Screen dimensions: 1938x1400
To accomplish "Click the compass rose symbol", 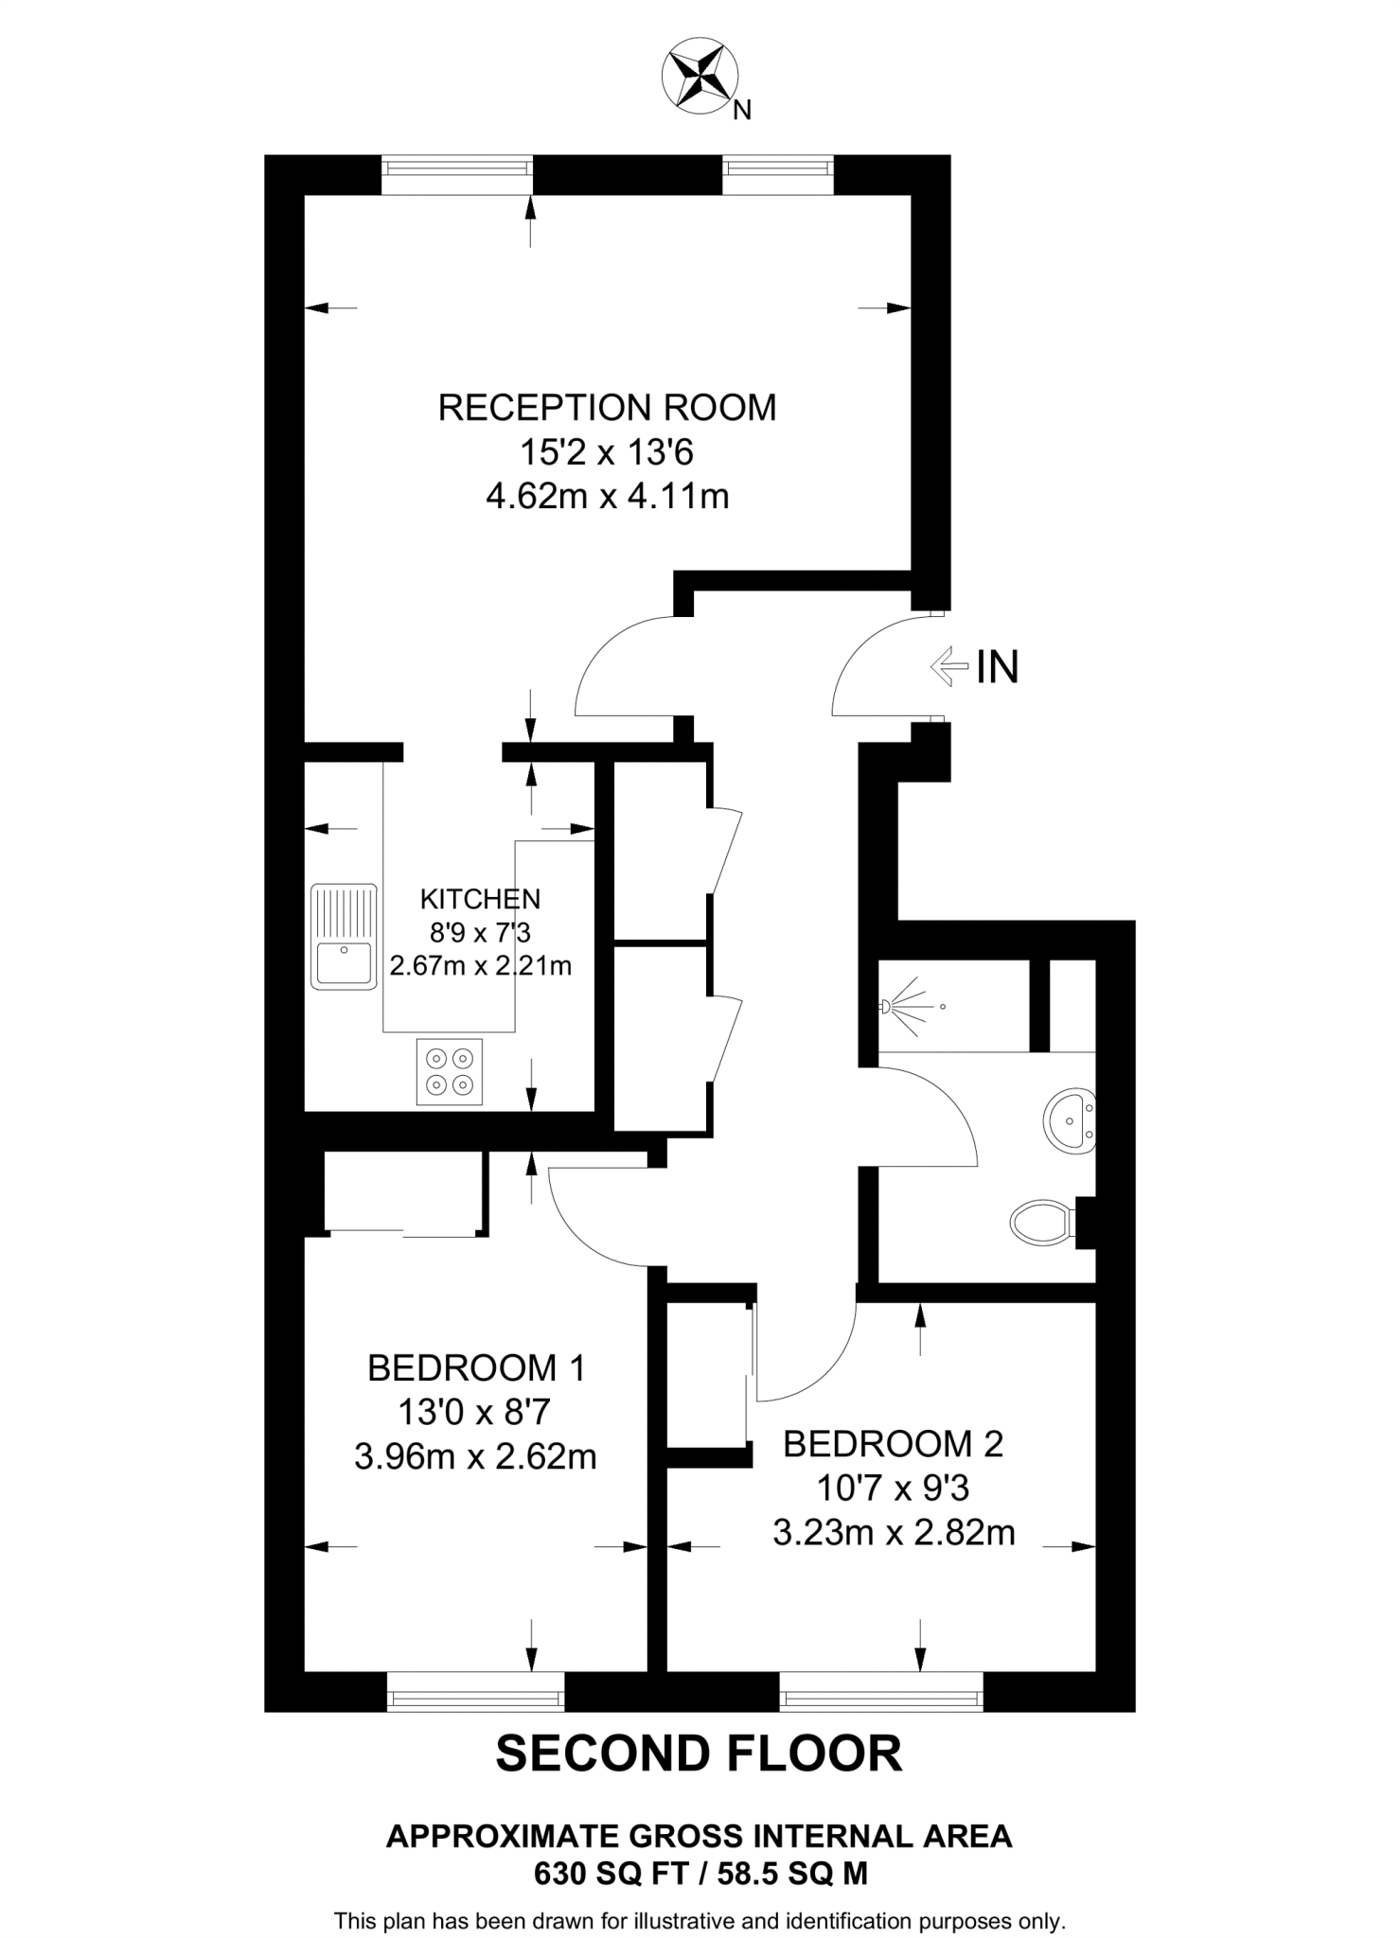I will pos(700,78).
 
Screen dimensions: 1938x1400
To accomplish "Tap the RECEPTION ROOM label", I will pos(607,407).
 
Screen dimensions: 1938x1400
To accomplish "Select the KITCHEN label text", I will pos(480,898).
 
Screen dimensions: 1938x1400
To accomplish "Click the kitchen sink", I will pos(343,937).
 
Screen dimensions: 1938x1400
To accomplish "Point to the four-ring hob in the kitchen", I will pos(449,1071).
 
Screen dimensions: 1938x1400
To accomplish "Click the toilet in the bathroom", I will pos(1041,1223).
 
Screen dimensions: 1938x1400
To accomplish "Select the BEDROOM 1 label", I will pos(476,1367).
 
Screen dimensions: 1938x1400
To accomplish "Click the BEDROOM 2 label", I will pos(893,1443).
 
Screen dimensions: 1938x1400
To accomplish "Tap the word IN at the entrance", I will pos(998,667).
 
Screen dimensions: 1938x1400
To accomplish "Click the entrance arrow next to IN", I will pos(949,666).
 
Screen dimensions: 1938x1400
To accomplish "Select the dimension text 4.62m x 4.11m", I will pos(607,496).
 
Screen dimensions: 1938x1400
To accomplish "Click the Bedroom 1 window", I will pos(475,1691).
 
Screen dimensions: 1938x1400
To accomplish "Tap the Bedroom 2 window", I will pos(880,1691).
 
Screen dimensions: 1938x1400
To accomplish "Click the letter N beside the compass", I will pos(742,111).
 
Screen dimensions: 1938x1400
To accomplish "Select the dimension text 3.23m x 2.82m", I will pos(894,1532).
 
